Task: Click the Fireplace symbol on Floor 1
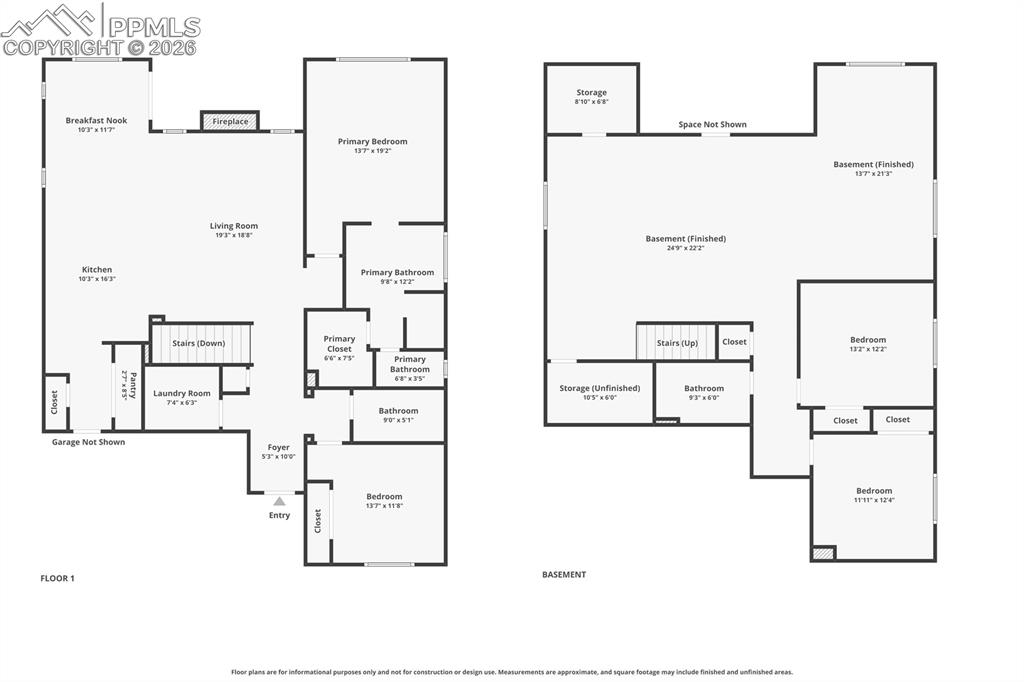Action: (x=230, y=121)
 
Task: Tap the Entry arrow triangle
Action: (x=279, y=501)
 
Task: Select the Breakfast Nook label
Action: (x=97, y=121)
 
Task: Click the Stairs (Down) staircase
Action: (x=199, y=343)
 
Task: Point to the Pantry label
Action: (x=129, y=386)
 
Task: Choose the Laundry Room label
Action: (x=182, y=394)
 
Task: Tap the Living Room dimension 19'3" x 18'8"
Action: (x=234, y=235)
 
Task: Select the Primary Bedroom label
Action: (x=373, y=142)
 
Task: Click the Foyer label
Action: (x=278, y=448)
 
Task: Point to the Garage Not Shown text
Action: (x=89, y=442)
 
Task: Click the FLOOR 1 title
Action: (x=57, y=578)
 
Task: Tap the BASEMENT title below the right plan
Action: (x=564, y=575)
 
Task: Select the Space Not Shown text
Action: (x=712, y=125)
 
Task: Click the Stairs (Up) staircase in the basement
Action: (x=677, y=343)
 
